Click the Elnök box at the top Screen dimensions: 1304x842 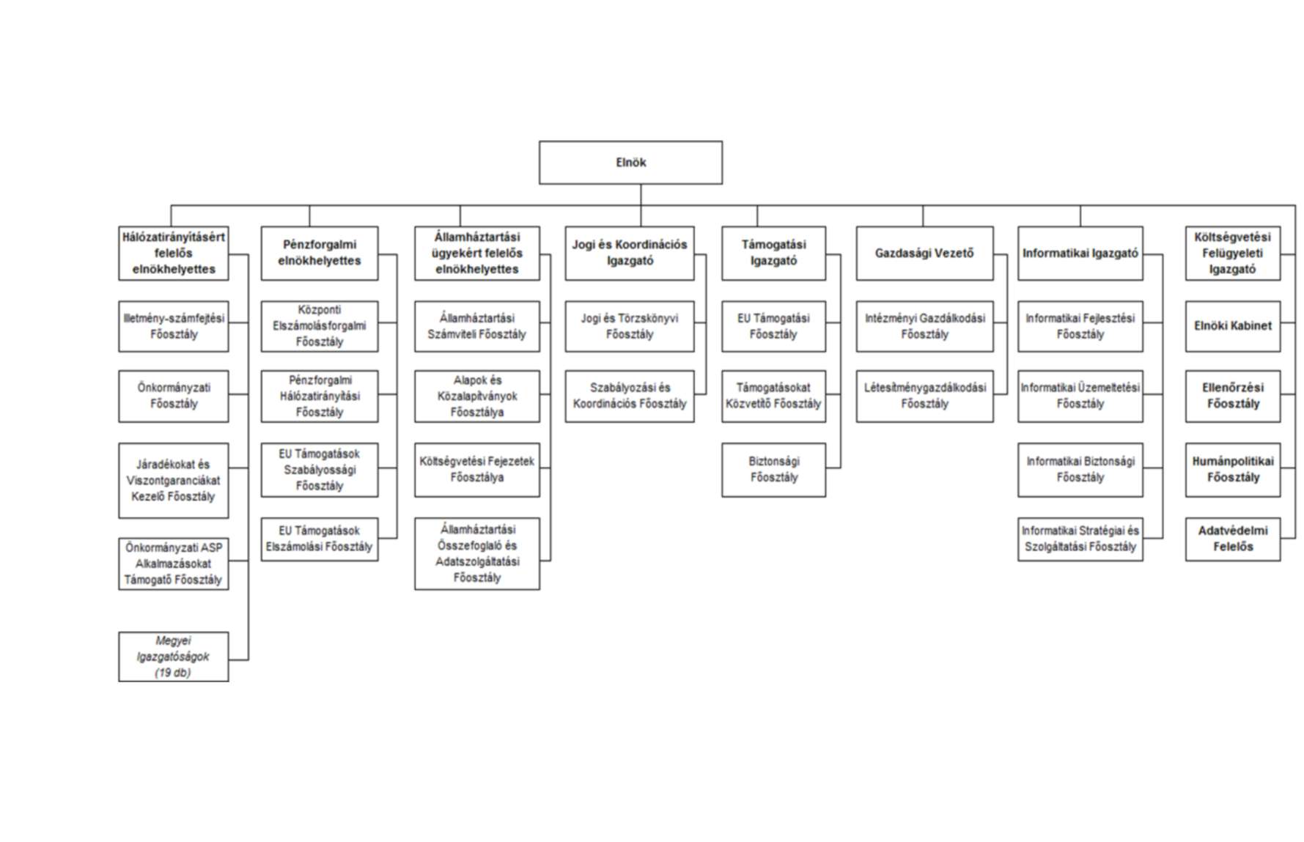click(x=630, y=163)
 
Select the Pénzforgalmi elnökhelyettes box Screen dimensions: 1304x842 click(x=320, y=253)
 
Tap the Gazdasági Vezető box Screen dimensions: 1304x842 click(x=924, y=253)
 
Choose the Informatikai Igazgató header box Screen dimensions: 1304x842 click(x=1080, y=253)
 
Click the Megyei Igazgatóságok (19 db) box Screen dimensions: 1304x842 click(x=173, y=657)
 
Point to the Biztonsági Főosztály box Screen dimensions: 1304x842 click(x=773, y=470)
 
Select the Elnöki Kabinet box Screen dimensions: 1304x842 click(x=1233, y=326)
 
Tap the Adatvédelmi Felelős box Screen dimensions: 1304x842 click(x=1233, y=539)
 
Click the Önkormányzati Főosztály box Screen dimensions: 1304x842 click(x=173, y=396)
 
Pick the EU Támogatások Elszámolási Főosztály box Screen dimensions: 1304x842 click(x=320, y=539)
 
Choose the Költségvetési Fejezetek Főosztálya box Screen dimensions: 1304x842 click(x=476, y=470)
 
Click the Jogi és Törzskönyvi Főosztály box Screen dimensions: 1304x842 click(x=629, y=326)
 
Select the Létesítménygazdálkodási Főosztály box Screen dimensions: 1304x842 click(x=924, y=396)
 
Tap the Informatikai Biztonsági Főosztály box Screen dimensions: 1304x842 click(x=1080, y=470)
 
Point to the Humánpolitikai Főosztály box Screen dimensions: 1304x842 click(x=1233, y=470)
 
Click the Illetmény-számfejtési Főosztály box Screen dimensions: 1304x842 click(x=173, y=326)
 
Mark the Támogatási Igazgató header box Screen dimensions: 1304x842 click(x=773, y=253)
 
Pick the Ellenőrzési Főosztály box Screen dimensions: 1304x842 click(x=1233, y=396)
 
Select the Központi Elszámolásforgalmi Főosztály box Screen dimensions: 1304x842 click(x=320, y=326)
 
